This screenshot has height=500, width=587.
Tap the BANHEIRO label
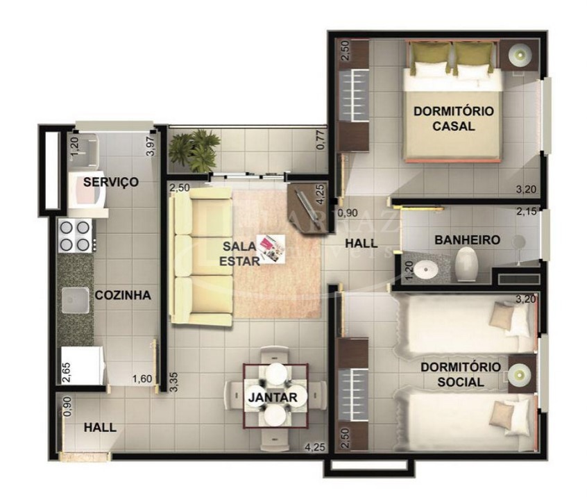pos(467,240)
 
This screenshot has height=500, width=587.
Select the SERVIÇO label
pos(110,182)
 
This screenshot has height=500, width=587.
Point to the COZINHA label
pos(123,295)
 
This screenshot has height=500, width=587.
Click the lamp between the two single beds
pos(518,376)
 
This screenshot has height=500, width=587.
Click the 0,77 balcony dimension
pos(321,141)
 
